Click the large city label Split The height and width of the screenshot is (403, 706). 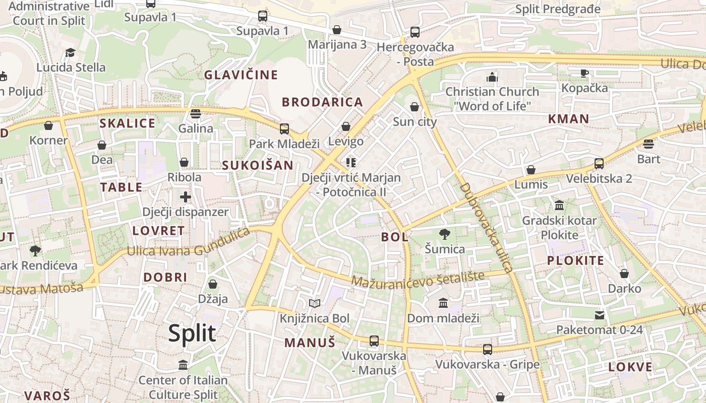[192, 333]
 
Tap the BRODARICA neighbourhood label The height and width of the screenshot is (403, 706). [322, 102]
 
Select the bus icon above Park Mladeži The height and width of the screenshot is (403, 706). [284, 128]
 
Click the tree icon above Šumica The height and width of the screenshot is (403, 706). [444, 234]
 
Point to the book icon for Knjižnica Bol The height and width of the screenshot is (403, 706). [315, 303]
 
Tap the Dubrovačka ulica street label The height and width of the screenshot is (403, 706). [486, 227]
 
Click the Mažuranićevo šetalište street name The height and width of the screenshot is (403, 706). [418, 279]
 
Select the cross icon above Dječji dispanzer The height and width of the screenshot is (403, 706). [185, 196]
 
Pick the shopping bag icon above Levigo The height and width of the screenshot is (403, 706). [346, 126]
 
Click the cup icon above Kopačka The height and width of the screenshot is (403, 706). [584, 73]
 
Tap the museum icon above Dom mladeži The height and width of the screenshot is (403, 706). [443, 303]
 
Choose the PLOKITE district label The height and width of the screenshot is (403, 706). [575, 260]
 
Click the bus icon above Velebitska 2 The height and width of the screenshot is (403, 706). [599, 164]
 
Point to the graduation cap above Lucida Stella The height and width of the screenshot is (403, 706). [70, 52]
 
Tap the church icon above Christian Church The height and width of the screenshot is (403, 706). [492, 77]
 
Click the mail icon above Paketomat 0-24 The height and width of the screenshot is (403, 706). [599, 315]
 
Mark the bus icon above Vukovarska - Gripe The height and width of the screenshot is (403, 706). [487, 349]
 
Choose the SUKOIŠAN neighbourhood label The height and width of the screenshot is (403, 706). [258, 165]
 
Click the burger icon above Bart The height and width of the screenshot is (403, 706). [649, 144]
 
